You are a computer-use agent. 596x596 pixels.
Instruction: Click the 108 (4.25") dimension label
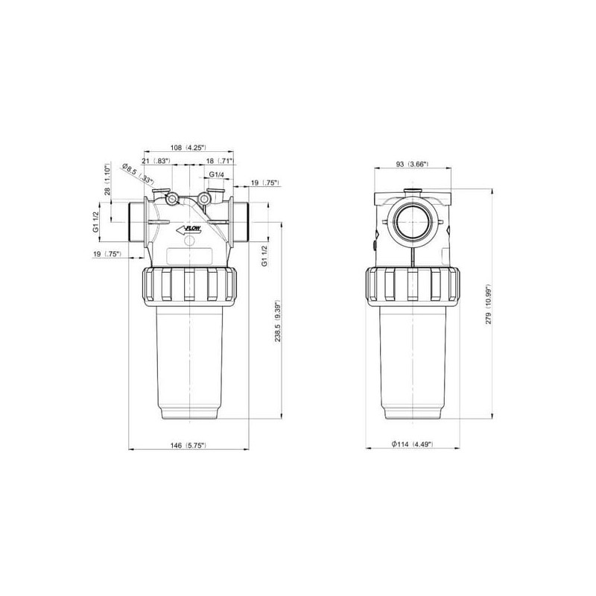pyautogui.click(x=188, y=148)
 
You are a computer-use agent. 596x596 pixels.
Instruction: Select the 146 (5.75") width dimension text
pyautogui.click(x=188, y=446)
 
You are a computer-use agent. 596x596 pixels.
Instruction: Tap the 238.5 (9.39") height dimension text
pyautogui.click(x=277, y=320)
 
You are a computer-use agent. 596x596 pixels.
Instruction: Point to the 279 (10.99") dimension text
pyautogui.click(x=489, y=304)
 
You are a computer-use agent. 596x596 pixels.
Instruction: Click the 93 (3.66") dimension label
pyautogui.click(x=413, y=164)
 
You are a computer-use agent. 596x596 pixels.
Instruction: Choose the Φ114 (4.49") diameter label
pyautogui.click(x=413, y=444)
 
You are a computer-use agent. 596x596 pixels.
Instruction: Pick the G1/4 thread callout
pyautogui.click(x=217, y=174)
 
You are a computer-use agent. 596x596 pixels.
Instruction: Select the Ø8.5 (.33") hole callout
pyautogui.click(x=138, y=174)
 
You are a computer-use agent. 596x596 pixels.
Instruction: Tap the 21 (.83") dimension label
pyautogui.click(x=156, y=161)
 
